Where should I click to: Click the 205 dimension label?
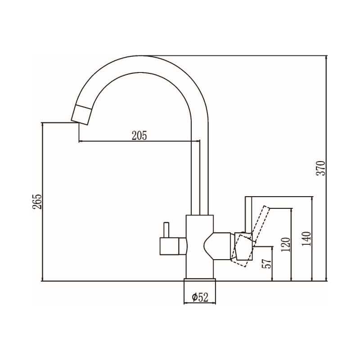139,135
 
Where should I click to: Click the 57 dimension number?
268,264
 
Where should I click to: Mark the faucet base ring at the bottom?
200,284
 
